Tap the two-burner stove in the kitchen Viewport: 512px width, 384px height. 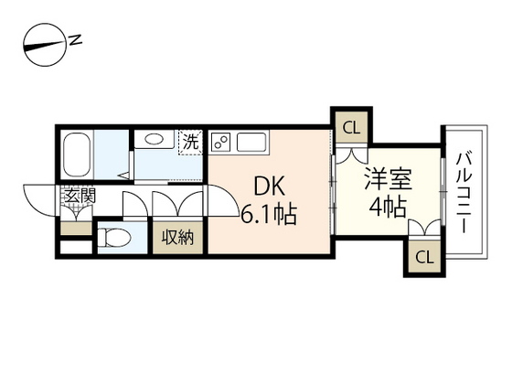[x=221, y=142]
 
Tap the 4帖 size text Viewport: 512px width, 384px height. [x=388, y=205]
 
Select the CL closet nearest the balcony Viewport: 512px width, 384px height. [x=422, y=255]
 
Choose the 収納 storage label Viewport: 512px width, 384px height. [x=177, y=238]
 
